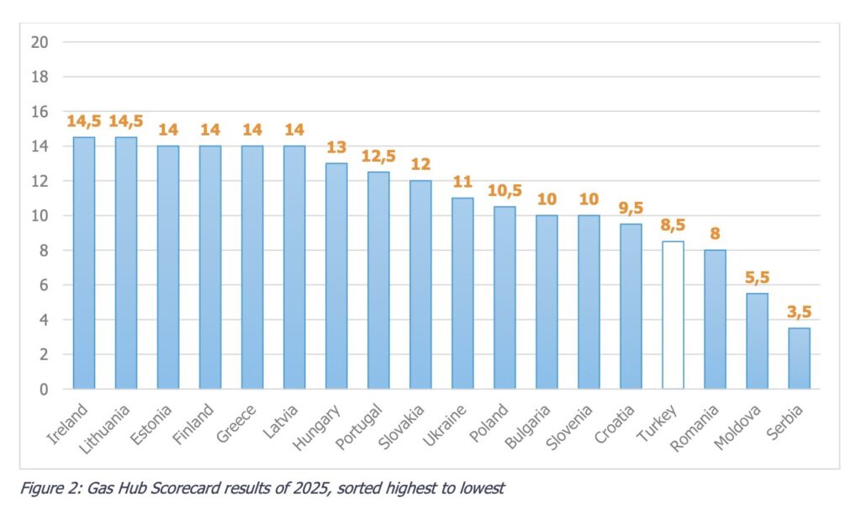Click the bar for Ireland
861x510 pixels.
84,263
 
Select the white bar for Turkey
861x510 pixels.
673,315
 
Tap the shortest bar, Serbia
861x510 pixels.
799,359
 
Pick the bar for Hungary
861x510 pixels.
336,276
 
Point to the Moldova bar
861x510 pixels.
757,341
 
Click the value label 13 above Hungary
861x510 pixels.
336,148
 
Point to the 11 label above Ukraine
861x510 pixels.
462,183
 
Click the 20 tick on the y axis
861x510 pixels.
40,42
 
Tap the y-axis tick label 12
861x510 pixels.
40,181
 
